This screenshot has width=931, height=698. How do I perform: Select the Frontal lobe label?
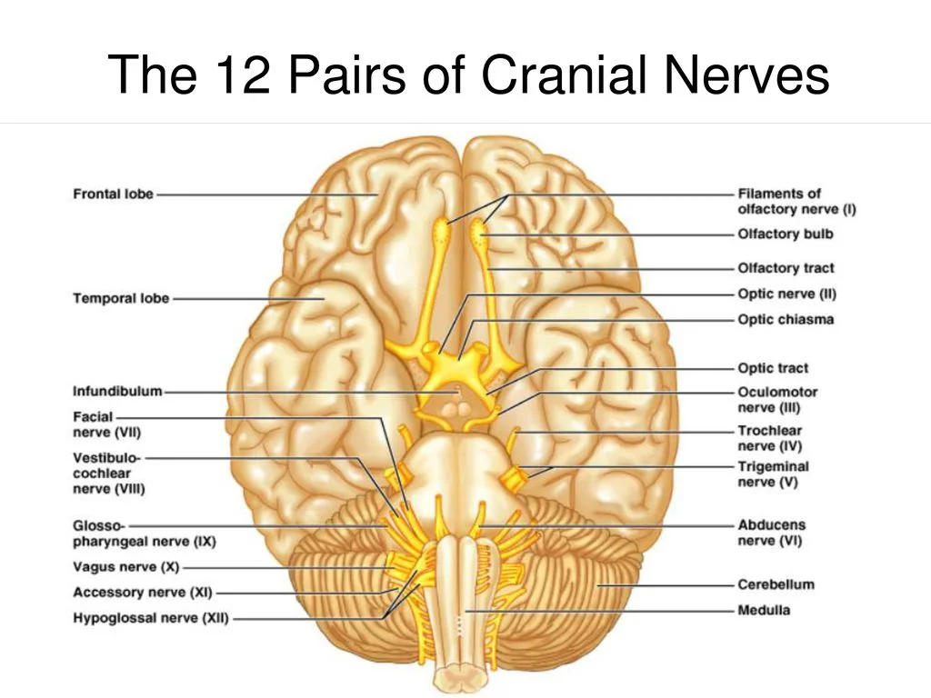pyautogui.click(x=114, y=194)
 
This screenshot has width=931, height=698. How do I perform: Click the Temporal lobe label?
pyautogui.click(x=121, y=298)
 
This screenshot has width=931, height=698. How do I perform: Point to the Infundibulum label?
pyautogui.click(x=117, y=392)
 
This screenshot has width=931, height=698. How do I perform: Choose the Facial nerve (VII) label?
pyautogui.click(x=106, y=424)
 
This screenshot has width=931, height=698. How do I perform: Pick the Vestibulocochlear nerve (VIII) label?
pyautogui.click(x=108, y=473)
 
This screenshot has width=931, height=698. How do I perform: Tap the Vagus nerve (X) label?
pyautogui.click(x=125, y=567)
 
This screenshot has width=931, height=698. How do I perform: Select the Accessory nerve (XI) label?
pyautogui.click(x=142, y=593)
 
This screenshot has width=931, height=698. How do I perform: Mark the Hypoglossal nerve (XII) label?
pyautogui.click(x=151, y=619)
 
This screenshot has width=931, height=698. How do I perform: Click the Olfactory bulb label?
pyautogui.click(x=785, y=234)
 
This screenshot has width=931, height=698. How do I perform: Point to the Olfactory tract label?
pyautogui.click(x=786, y=268)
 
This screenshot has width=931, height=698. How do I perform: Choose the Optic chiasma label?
pyautogui.click(x=786, y=320)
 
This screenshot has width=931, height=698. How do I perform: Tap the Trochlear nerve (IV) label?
pyautogui.click(x=770, y=438)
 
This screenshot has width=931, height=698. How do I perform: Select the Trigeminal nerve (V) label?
pyautogui.click(x=773, y=474)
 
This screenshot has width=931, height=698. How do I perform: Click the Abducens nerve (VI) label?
pyautogui.click(x=771, y=533)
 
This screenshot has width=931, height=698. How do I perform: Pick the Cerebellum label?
pyautogui.click(x=776, y=585)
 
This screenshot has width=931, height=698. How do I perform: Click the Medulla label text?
pyautogui.click(x=764, y=611)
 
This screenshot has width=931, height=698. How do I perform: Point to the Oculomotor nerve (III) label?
pyautogui.click(x=777, y=400)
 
